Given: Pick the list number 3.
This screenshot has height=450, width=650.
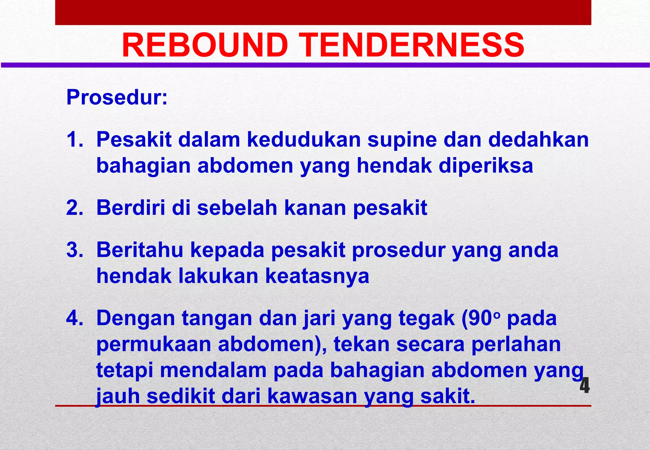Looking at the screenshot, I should coord(75,250).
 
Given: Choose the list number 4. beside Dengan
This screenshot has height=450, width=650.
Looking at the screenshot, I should coord(75,318).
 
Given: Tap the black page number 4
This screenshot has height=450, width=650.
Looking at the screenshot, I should coord(584,386).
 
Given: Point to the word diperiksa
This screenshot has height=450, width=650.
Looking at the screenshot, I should coord(486,166).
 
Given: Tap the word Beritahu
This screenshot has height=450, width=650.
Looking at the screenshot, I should coord(140,250).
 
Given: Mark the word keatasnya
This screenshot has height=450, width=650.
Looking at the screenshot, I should coord(317,276).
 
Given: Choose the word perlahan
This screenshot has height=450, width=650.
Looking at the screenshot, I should coord(516,345).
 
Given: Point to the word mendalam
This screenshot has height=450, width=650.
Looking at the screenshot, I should coord(213,370).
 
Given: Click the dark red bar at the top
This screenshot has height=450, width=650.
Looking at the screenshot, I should coord(323,12).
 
